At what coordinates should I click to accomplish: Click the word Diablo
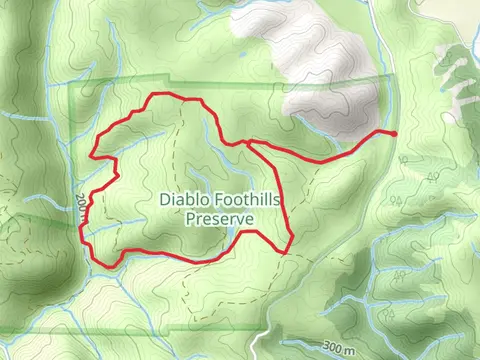pos(184,199)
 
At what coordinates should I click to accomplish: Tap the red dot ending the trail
pos(394,133)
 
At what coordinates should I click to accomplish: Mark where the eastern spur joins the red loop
pos(246,142)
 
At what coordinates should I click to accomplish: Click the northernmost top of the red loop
pos(160,95)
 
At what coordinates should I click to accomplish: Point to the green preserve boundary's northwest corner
pos(79,89)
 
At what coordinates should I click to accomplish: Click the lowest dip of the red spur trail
pos(318,160)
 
